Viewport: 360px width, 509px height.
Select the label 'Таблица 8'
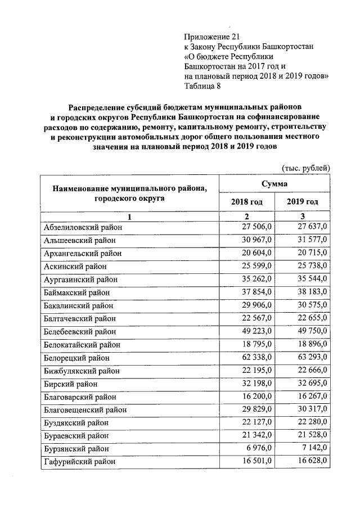[203, 87]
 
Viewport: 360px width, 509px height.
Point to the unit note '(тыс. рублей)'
[305, 168]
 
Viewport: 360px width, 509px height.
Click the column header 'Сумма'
[274, 184]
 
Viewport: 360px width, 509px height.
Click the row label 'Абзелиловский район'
[82, 227]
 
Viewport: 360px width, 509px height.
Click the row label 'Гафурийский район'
[79, 461]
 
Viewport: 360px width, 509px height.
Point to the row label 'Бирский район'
[70, 384]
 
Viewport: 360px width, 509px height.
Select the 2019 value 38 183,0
[312, 292]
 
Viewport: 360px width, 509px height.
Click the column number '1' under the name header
[129, 217]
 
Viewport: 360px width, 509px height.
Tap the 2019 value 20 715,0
[312, 253]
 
